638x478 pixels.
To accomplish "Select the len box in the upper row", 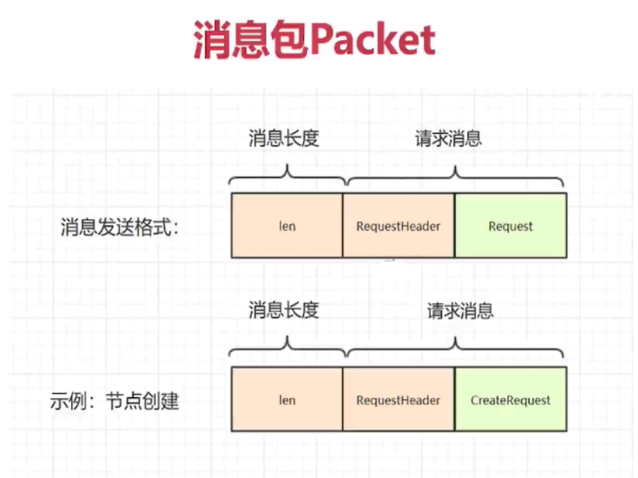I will pos(287,226).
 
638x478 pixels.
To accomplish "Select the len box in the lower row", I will pos(287,400).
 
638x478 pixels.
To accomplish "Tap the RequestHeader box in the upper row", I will pos(398,226).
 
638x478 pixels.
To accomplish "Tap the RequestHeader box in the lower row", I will pos(398,400).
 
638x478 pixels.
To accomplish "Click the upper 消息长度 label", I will pos(283,139).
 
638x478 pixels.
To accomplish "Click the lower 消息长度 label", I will pos(283,311).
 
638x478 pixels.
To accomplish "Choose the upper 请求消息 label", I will pos(449,139).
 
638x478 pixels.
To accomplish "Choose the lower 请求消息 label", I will pos(460,311).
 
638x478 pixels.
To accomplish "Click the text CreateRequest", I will pos(510,400).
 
